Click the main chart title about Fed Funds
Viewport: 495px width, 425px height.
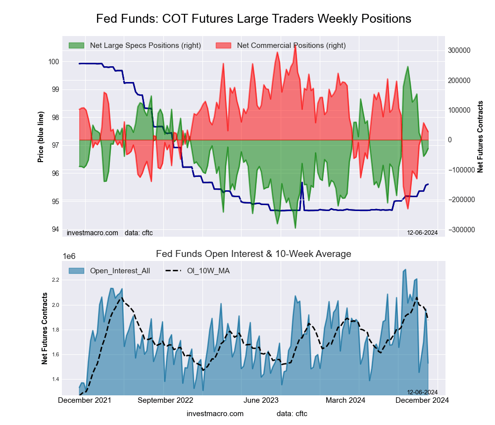click(253, 19)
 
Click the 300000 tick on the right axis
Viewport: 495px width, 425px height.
click(459, 50)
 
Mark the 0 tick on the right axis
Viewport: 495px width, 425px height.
click(450, 140)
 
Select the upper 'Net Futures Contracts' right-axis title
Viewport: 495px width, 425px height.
click(480, 137)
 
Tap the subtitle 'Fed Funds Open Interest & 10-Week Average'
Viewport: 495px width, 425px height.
click(253, 254)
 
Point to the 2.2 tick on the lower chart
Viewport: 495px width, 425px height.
click(55, 280)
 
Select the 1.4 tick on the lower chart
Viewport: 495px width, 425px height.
click(55, 379)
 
